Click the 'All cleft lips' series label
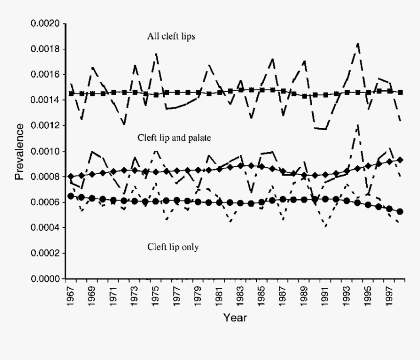(171, 37)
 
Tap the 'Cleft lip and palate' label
(174, 139)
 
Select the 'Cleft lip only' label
(173, 247)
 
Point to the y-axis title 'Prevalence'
(20, 152)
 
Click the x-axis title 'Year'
(235, 318)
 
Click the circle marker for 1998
(400, 212)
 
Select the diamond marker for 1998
(400, 160)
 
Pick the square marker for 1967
(71, 93)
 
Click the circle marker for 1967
(71, 196)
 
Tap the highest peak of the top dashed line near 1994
(358, 44)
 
